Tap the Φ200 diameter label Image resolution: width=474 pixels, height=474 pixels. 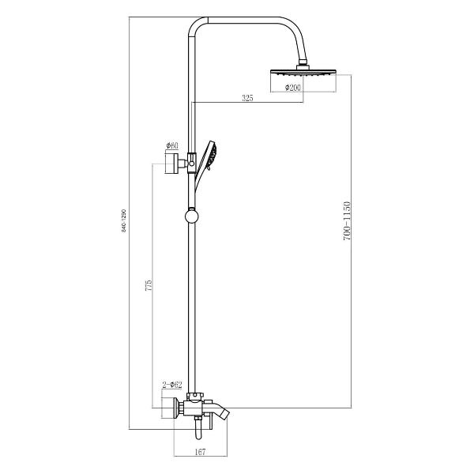tap(293, 87)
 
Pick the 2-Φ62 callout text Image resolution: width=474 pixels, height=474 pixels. tap(171, 385)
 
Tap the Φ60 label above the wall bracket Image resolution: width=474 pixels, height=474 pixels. tap(171, 146)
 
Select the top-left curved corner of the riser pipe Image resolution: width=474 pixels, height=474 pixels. tap(194, 28)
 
